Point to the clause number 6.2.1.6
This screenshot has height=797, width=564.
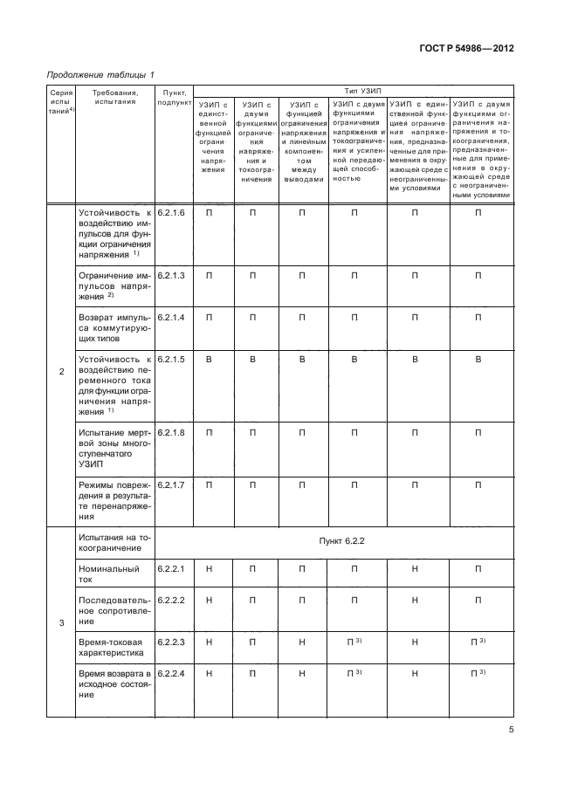pos(171,213)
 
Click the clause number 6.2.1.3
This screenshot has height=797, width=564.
pos(171,276)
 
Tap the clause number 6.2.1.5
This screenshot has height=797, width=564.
pos(171,359)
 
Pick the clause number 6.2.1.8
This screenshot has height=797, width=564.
pos(171,432)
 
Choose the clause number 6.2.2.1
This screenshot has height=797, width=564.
pos(171,568)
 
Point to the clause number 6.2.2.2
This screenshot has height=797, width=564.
pos(171,601)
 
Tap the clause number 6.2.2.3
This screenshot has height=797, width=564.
pos(171,642)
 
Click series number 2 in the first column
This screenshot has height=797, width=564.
pos(61,373)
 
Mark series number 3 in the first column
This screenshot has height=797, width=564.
pos(61,622)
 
